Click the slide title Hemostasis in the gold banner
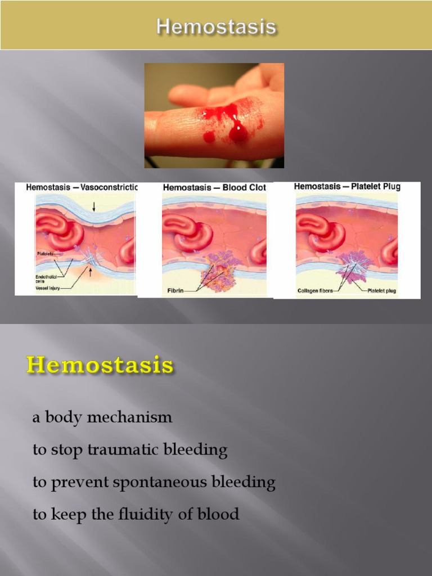pyautogui.click(x=216, y=26)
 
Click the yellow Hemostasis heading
pyautogui.click(x=100, y=365)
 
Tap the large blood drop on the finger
pyautogui.click(x=238, y=132)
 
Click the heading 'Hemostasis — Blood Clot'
pyautogui.click(x=214, y=187)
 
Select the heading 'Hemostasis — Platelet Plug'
pyautogui.click(x=347, y=186)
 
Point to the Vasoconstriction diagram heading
pyautogui.click(x=82, y=187)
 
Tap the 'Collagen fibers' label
pyautogui.click(x=316, y=291)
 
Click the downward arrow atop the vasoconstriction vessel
pyautogui.click(x=94, y=207)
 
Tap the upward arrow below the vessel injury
pyautogui.click(x=90, y=274)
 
